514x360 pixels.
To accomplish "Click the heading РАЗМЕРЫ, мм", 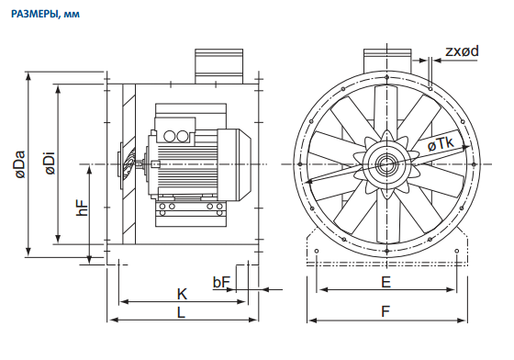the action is click(45, 14).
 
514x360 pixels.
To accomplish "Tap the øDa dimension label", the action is click(20, 164).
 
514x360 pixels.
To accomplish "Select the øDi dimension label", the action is click(50, 163).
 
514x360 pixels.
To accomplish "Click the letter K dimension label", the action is click(182, 294).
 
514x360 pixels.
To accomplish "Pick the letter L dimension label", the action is click(182, 312).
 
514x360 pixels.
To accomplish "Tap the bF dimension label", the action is click(221, 282).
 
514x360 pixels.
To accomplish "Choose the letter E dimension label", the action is click(386, 282).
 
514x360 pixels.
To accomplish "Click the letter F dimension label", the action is click(385, 311).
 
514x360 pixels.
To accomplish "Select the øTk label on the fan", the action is click(441, 143).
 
